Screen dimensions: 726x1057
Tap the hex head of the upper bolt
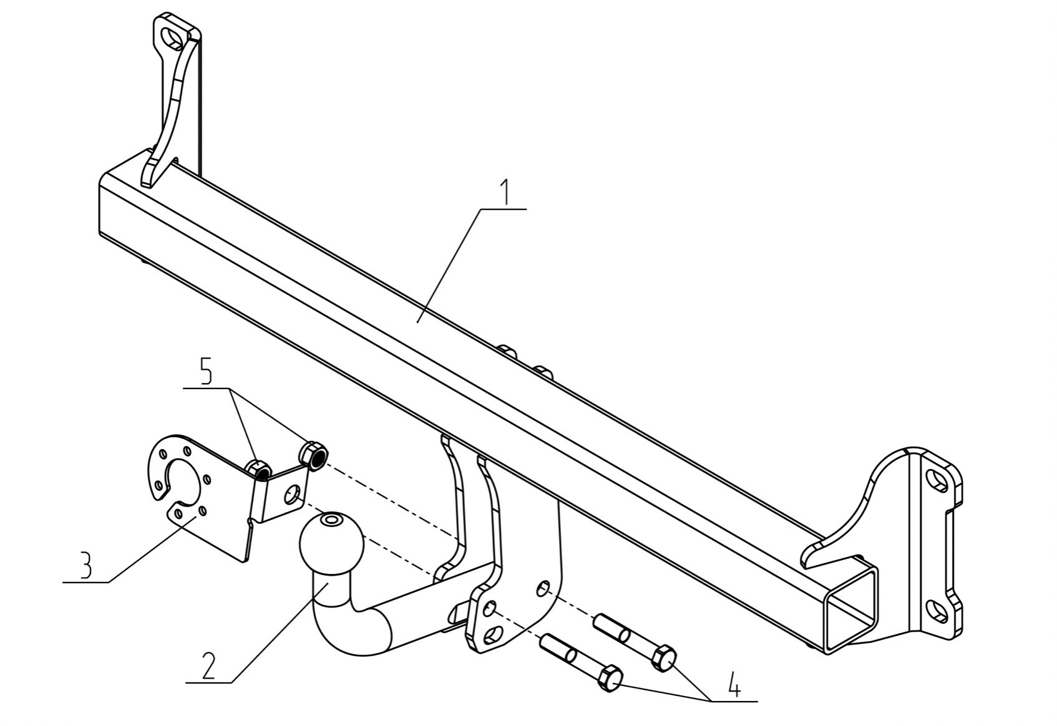[663, 658]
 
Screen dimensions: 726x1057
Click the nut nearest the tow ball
[312, 455]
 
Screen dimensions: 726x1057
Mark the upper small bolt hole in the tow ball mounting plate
[544, 588]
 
